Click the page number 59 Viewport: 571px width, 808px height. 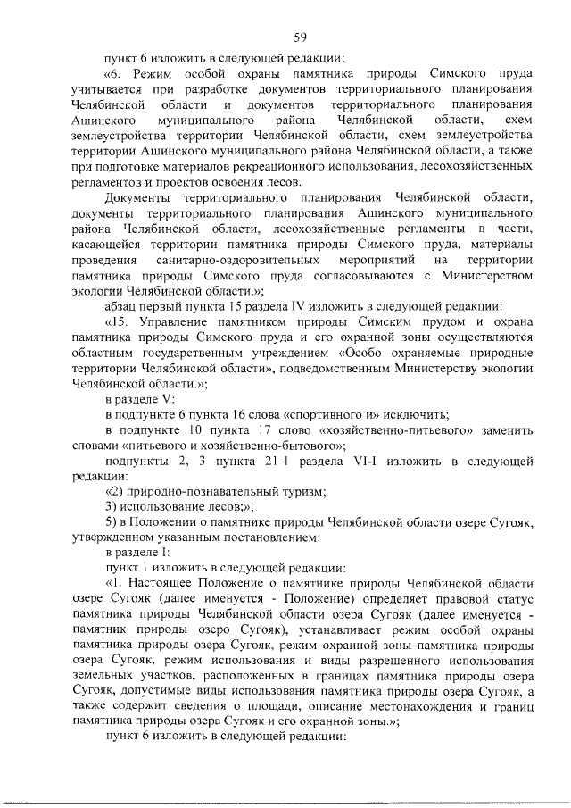pyautogui.click(x=301, y=37)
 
